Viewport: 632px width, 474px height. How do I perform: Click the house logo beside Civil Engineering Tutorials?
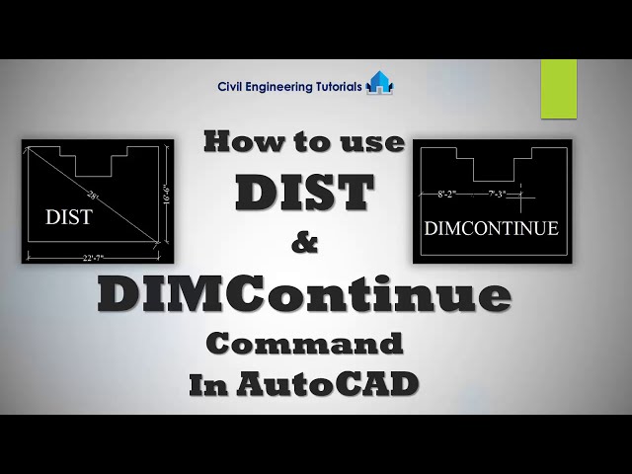379,83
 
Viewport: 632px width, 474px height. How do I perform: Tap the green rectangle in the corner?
558,88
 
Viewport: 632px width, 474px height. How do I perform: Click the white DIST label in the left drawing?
68,217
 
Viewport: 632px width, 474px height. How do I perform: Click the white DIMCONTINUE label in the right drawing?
491,228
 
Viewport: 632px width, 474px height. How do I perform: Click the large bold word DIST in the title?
304,193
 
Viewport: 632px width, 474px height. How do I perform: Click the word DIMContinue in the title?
304,294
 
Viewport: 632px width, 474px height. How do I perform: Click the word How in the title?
237,142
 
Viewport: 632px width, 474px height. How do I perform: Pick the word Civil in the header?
231,86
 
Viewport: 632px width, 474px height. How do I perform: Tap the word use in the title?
376,142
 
